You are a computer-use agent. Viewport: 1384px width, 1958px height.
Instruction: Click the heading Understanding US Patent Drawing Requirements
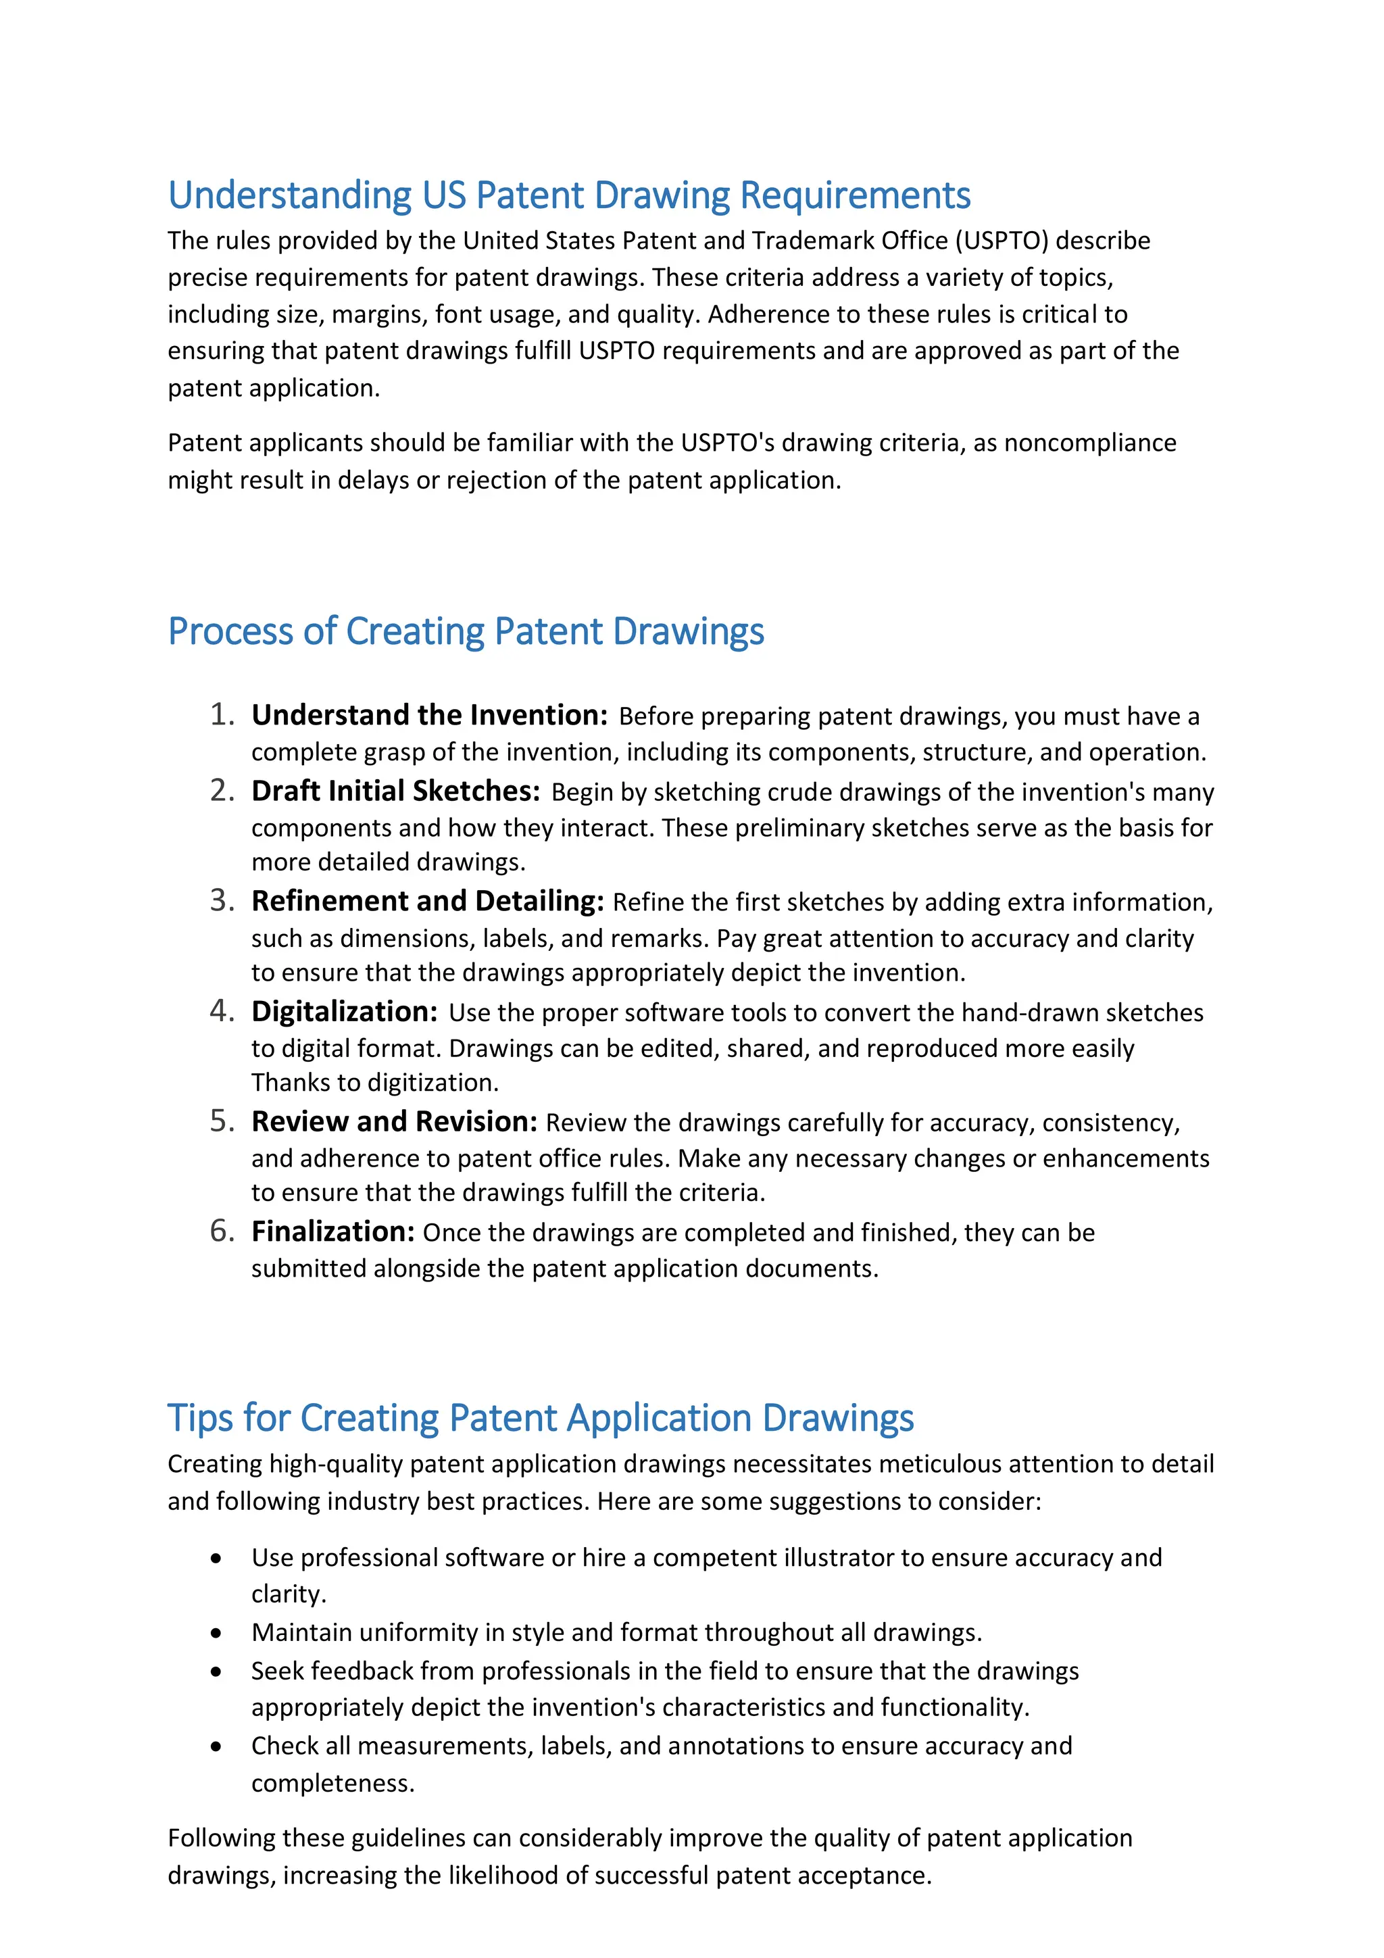569,195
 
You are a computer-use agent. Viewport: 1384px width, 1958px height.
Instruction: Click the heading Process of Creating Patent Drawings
466,632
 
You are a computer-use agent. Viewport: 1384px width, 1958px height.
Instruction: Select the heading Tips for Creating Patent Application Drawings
540,1418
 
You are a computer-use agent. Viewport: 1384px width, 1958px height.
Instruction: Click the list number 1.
222,714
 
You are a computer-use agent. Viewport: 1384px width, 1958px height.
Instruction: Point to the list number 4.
222,1011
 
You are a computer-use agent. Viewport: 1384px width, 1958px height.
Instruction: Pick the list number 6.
222,1231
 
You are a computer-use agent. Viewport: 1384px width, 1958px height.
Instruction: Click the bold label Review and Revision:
394,1122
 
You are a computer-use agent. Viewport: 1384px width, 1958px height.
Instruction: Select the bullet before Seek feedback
217,1672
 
